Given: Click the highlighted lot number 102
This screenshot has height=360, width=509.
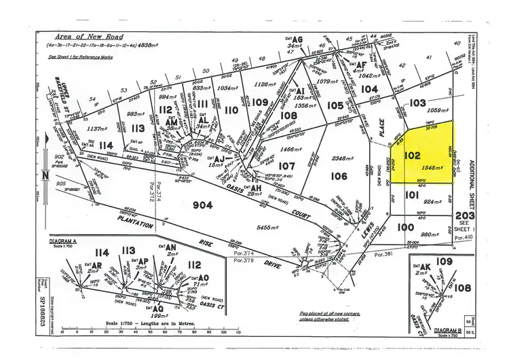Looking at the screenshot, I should tap(413, 155).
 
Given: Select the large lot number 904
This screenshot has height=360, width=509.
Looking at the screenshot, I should tap(203, 205).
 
